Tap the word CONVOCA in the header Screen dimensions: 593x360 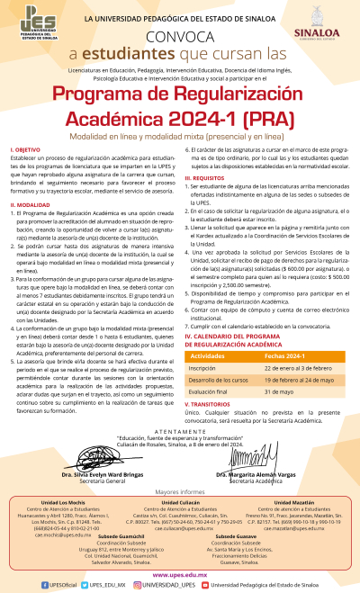point(179,37)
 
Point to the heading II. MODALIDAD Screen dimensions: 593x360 point(31,205)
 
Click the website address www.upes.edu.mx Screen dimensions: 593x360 point(180,573)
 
